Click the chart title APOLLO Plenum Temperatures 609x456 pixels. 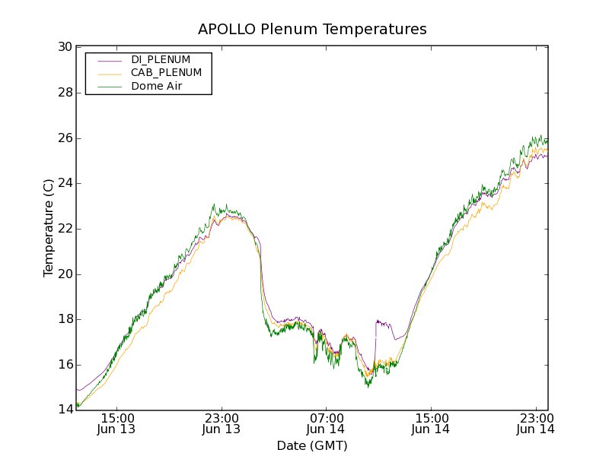click(312, 30)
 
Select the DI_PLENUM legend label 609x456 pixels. click(161, 59)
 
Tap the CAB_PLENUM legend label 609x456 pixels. click(166, 73)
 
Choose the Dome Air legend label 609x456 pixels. click(157, 87)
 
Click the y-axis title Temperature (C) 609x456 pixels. click(49, 228)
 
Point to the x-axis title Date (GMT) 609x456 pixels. click(312, 445)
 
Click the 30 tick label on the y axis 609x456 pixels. click(64, 47)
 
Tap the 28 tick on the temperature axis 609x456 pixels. click(64, 93)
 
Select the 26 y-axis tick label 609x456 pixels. click(64, 138)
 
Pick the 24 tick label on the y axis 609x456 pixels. click(64, 183)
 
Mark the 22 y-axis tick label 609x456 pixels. click(64, 229)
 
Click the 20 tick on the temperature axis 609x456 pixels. click(64, 274)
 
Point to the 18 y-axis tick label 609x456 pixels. click(64, 319)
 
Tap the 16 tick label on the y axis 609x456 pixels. click(64, 365)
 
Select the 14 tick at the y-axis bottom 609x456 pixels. click(64, 410)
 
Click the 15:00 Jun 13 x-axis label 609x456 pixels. click(117, 423)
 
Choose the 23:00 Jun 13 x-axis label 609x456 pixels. click(222, 423)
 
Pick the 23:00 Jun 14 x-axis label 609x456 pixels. click(535, 423)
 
